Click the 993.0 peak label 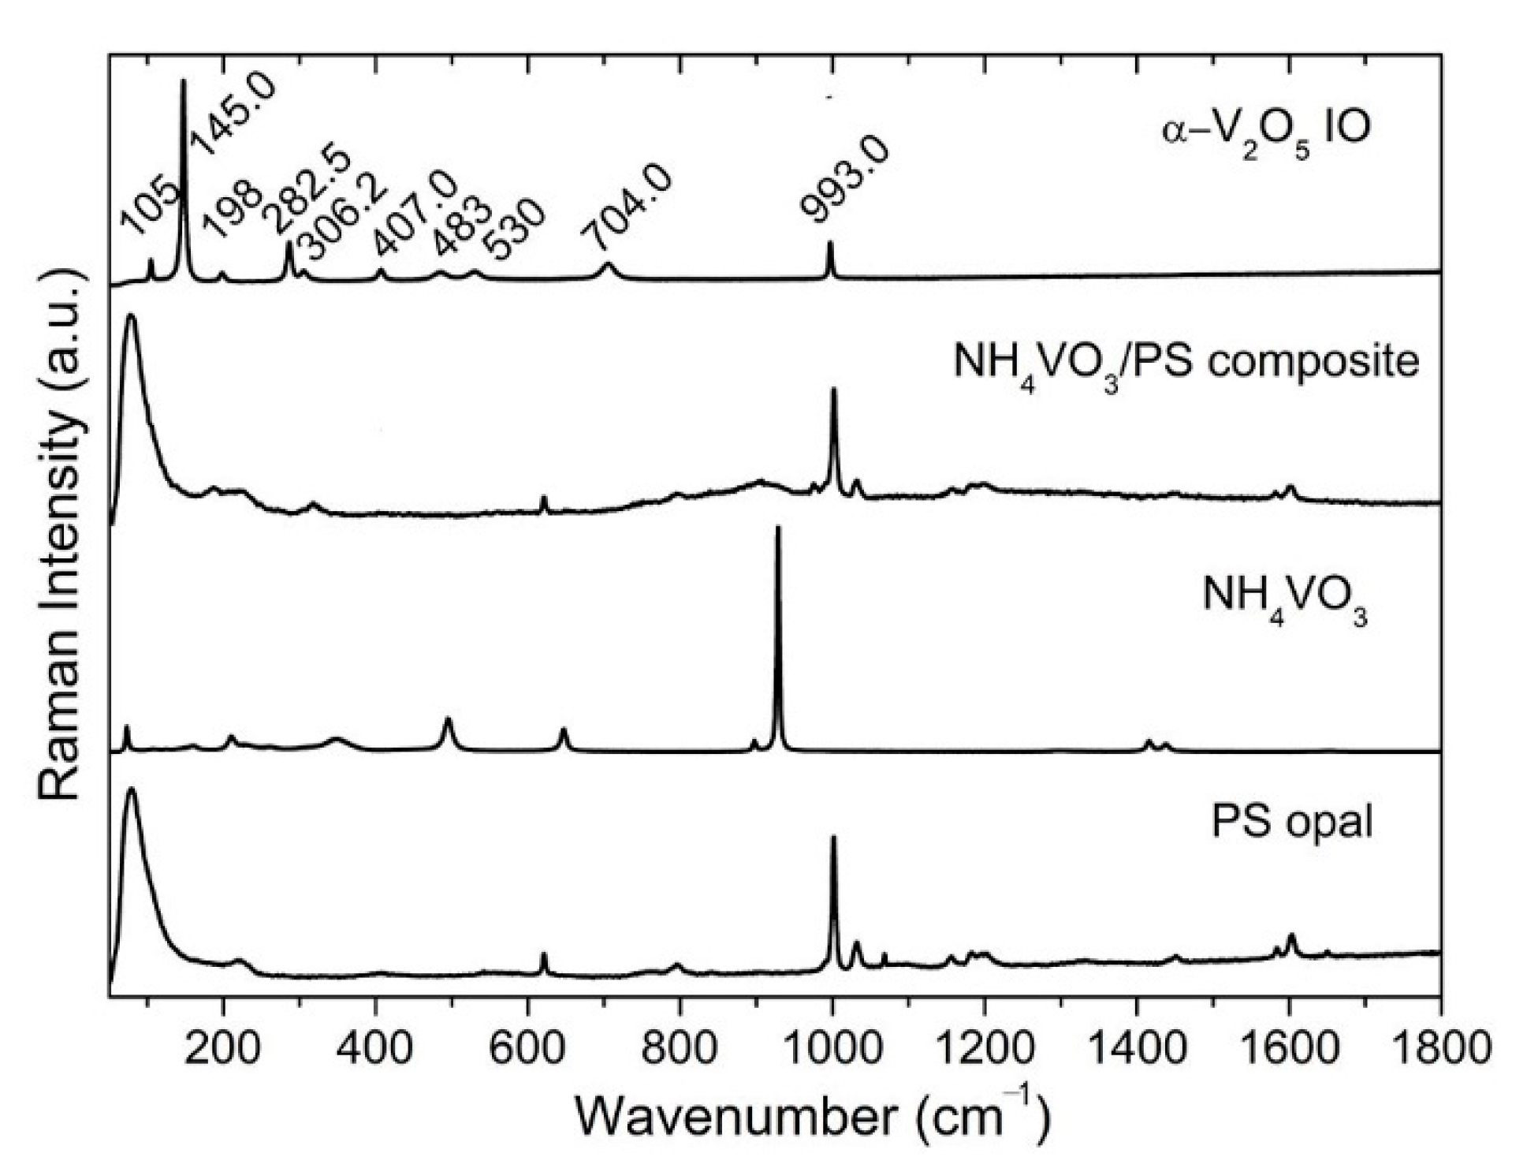(844, 180)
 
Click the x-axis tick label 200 (224, 1048)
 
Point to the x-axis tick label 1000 (832, 1048)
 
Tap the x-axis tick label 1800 (1439, 1048)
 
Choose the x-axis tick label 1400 (1136, 1048)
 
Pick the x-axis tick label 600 (527, 1048)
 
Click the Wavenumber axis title (812, 1117)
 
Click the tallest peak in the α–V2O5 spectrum (184, 81)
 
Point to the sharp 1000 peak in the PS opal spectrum (833, 839)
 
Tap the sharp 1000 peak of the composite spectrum (834, 390)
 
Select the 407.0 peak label (415, 213)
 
